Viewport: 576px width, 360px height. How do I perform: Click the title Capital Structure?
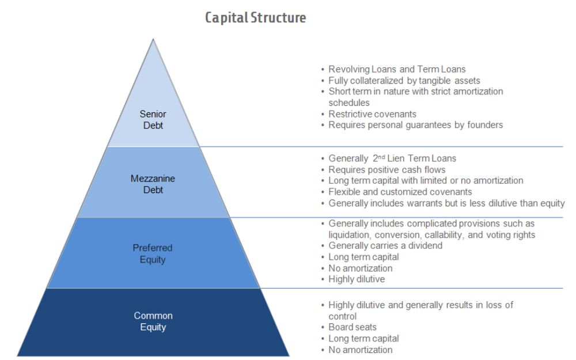point(255,18)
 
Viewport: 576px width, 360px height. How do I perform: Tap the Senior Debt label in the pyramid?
point(153,120)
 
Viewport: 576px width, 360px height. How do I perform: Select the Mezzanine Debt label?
point(153,184)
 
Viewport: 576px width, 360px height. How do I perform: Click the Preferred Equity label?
point(153,253)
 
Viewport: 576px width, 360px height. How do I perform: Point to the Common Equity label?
point(153,321)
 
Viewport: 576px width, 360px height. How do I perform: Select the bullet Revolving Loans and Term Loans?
point(397,69)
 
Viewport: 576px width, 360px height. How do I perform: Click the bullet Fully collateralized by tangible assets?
point(404,81)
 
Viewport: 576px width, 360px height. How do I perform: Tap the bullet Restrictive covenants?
point(372,114)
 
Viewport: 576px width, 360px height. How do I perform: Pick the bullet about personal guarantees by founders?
point(415,125)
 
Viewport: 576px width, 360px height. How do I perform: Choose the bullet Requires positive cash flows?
point(386,169)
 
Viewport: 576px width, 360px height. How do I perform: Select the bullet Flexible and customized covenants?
point(400,192)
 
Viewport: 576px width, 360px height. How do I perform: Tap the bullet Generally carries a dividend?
point(385,245)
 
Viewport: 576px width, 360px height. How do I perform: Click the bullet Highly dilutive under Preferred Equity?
point(357,279)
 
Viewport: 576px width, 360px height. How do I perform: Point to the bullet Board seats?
point(353,327)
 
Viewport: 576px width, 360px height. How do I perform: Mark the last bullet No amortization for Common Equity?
point(360,350)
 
